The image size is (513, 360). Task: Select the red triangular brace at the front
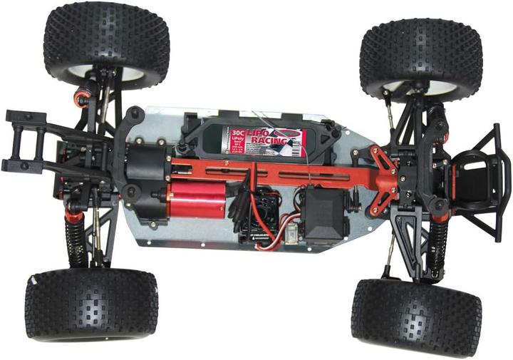381,175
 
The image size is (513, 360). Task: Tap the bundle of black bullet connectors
239,203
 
